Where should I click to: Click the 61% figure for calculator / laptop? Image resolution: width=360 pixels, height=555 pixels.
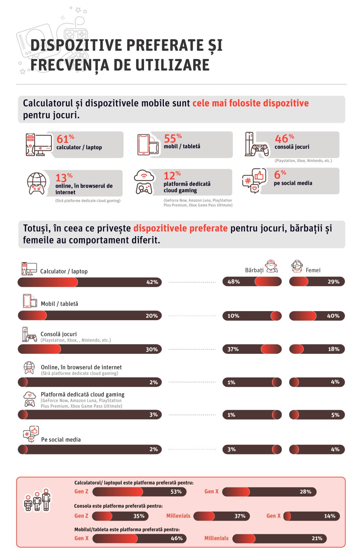[65, 139]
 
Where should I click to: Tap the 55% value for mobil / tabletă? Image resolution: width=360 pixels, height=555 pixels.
[173, 138]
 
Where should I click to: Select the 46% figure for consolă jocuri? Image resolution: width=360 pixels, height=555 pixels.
[284, 138]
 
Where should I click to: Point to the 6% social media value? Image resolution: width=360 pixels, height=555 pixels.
[280, 174]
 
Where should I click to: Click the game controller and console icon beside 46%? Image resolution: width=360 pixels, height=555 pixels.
[257, 145]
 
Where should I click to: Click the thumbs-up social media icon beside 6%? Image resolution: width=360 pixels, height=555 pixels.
[254, 180]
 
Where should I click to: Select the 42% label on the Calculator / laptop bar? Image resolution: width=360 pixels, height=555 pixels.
[152, 282]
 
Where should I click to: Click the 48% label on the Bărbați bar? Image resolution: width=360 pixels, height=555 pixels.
[234, 282]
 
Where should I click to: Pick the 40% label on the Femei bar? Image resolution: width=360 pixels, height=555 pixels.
[333, 316]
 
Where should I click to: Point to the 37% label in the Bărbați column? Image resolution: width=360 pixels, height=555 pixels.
[233, 349]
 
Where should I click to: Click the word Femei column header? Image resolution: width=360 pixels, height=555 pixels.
[313, 270]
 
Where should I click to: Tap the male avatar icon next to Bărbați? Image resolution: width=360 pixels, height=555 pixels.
[272, 266]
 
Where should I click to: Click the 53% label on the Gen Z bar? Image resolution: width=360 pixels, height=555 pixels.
[176, 492]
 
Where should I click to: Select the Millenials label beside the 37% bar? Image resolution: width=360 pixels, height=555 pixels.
[178, 516]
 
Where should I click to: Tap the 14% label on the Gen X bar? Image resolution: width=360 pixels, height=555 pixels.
[329, 516]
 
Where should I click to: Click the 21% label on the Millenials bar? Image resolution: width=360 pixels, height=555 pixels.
[317, 538]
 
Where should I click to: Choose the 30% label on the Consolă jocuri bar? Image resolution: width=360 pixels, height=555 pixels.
[152, 349]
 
